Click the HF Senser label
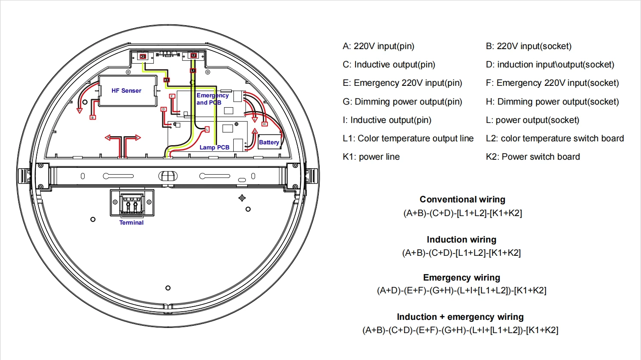126,91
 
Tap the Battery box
269,142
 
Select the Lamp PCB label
215,147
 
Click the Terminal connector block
132,203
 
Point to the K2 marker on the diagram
143,56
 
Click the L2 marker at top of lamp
194,56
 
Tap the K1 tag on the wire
167,80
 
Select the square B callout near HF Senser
93,117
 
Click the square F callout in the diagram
172,96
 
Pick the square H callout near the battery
265,124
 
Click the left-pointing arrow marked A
108,138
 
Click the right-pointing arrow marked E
137,138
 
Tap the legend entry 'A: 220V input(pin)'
378,46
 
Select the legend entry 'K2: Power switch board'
532,157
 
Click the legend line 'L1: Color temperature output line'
408,138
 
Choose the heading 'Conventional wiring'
462,199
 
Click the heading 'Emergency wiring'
462,278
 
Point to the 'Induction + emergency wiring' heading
460,317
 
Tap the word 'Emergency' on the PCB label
212,95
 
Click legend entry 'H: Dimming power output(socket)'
552,102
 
